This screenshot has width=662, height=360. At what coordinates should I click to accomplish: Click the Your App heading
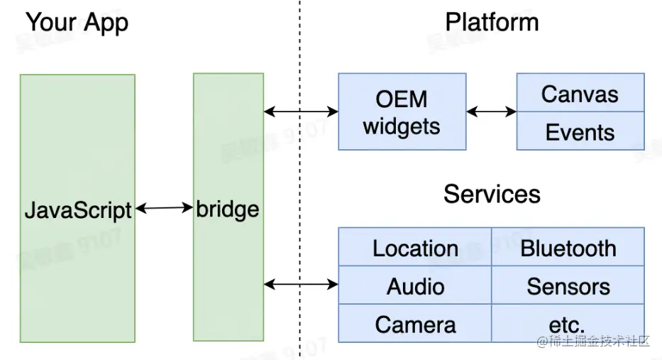click(x=77, y=23)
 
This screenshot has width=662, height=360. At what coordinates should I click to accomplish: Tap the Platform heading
click(x=492, y=22)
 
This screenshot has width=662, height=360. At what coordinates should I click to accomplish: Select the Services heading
click(x=492, y=194)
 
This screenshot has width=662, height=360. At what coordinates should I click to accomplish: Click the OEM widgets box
click(x=402, y=111)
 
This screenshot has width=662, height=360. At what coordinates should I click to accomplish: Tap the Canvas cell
click(x=580, y=93)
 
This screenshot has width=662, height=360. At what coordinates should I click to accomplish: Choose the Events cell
click(x=580, y=131)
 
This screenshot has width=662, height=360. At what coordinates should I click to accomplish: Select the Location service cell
click(x=415, y=248)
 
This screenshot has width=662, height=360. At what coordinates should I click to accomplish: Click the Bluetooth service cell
click(x=568, y=248)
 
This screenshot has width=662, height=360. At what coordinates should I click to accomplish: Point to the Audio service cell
click(x=415, y=286)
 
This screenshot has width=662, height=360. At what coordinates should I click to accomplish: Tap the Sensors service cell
click(x=568, y=286)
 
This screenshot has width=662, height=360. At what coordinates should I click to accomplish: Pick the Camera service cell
click(x=415, y=324)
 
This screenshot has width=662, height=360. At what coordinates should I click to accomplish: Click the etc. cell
click(x=568, y=324)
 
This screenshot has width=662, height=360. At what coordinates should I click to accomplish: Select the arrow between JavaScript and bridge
click(x=164, y=209)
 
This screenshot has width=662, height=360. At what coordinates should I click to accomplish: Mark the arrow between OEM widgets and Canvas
click(x=491, y=111)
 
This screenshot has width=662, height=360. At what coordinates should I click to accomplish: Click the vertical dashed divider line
click(x=299, y=178)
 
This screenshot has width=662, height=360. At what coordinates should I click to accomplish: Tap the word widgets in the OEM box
click(x=402, y=126)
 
